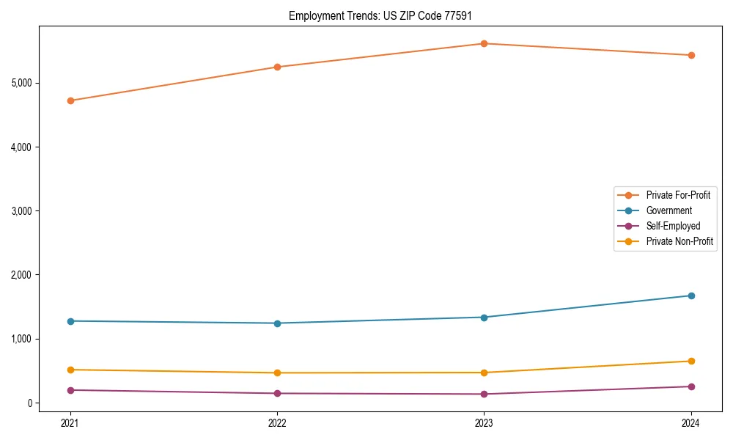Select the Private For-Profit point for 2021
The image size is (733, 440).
pyautogui.click(x=70, y=100)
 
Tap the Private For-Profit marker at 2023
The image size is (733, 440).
pyautogui.click(x=484, y=43)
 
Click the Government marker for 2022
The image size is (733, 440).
pyautogui.click(x=277, y=323)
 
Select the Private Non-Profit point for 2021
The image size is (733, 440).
pyautogui.click(x=70, y=370)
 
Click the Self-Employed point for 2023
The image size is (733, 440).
pyautogui.click(x=484, y=395)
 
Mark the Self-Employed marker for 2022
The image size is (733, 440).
pyautogui.click(x=277, y=394)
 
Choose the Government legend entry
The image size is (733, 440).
pyautogui.click(x=668, y=210)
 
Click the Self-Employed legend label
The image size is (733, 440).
pyautogui.click(x=673, y=226)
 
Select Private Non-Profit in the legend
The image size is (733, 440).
pyautogui.click(x=679, y=241)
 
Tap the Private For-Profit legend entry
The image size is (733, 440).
pyautogui.click(x=678, y=195)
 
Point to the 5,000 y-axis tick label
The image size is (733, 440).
pyautogui.click(x=22, y=83)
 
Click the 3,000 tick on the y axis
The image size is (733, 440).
pyautogui.click(x=22, y=211)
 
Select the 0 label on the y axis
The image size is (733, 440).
pyautogui.click(x=30, y=403)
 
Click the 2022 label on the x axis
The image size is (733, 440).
pyautogui.click(x=277, y=422)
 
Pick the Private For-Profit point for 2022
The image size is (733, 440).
pyautogui.click(x=277, y=67)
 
